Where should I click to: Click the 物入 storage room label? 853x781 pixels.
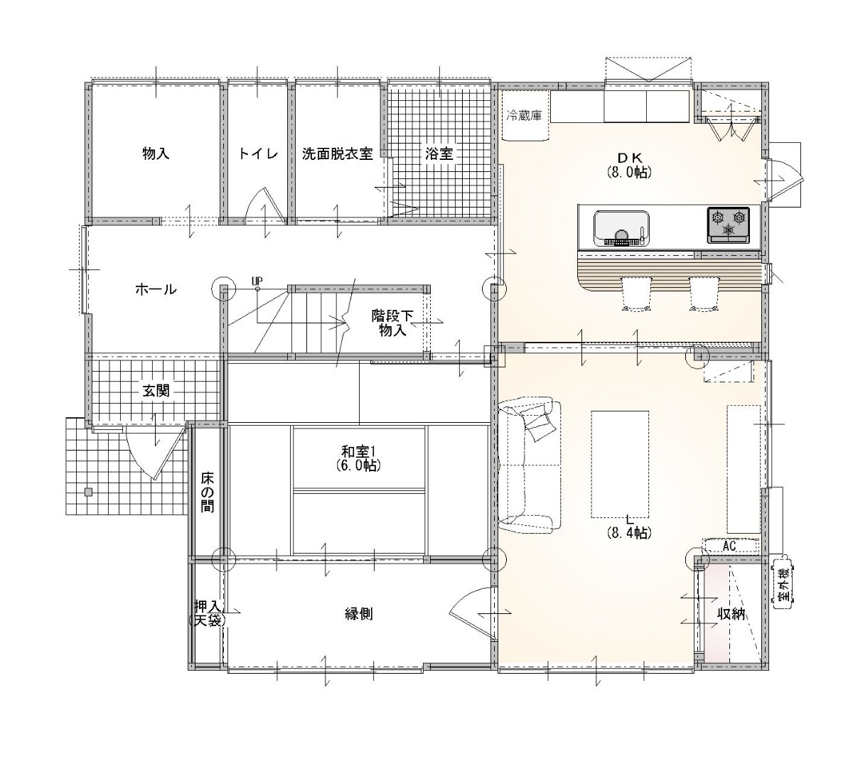coord(156,153)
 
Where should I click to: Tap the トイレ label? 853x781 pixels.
coord(258,153)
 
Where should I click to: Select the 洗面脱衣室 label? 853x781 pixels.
coord(337,153)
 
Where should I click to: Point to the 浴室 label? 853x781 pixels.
coord(439,153)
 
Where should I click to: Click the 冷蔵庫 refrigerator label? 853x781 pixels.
coord(525,115)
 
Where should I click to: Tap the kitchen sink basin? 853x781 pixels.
coord(622,228)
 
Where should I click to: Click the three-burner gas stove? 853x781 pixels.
coord(728,225)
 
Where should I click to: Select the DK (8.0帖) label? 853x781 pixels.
coord(629,165)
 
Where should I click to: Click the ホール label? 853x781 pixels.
coord(156,289)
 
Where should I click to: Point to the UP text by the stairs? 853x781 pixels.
coord(257,281)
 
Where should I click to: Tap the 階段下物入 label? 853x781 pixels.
coord(392,323)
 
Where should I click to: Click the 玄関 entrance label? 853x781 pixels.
coord(156,390)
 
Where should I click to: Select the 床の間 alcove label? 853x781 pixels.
coord(207,492)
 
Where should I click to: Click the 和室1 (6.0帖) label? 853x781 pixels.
coord(359,457)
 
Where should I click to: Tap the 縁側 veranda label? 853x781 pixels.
coord(359,613)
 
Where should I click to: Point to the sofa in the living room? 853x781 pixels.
coord(530,464)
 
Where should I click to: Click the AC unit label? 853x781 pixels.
coord(729,546)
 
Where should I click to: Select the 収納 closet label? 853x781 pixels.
coord(731,613)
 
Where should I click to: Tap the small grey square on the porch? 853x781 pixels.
coord(88,492)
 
